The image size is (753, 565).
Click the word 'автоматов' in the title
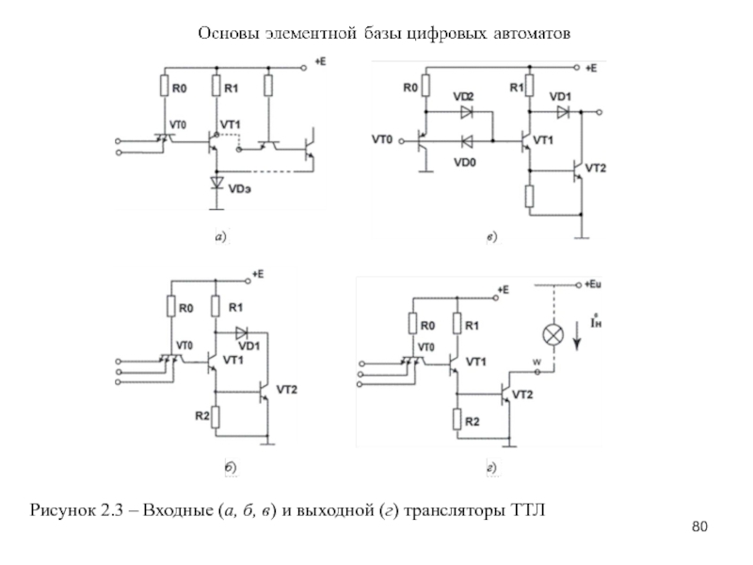point(526,34)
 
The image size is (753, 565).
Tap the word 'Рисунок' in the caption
point(65,510)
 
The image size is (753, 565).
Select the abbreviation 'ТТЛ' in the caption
point(527,510)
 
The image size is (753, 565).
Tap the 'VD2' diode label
point(464,98)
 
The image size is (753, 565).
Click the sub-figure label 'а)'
point(220,238)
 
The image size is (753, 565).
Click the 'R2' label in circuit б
point(200,414)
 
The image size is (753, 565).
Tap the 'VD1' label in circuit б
point(249,346)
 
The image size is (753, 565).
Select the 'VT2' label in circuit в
point(596,168)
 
